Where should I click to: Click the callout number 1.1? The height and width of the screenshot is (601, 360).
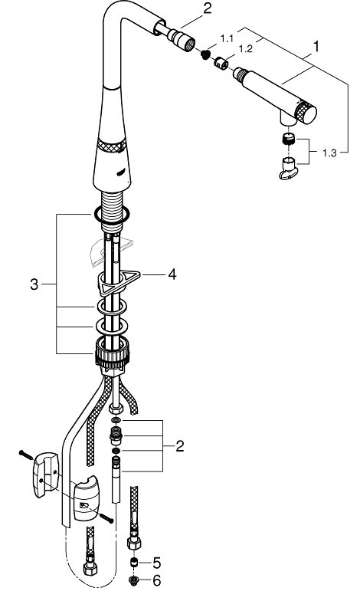(x=227, y=38)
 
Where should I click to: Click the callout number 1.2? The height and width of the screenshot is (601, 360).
(x=245, y=49)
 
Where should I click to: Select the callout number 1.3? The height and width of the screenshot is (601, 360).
(x=329, y=153)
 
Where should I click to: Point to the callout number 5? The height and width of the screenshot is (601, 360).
(x=156, y=563)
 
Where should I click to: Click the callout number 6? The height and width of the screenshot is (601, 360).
(x=156, y=581)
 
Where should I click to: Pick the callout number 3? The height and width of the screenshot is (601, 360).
(x=34, y=284)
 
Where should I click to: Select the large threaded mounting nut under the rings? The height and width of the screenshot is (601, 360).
(x=112, y=351)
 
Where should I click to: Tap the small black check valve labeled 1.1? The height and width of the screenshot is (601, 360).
(x=206, y=54)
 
